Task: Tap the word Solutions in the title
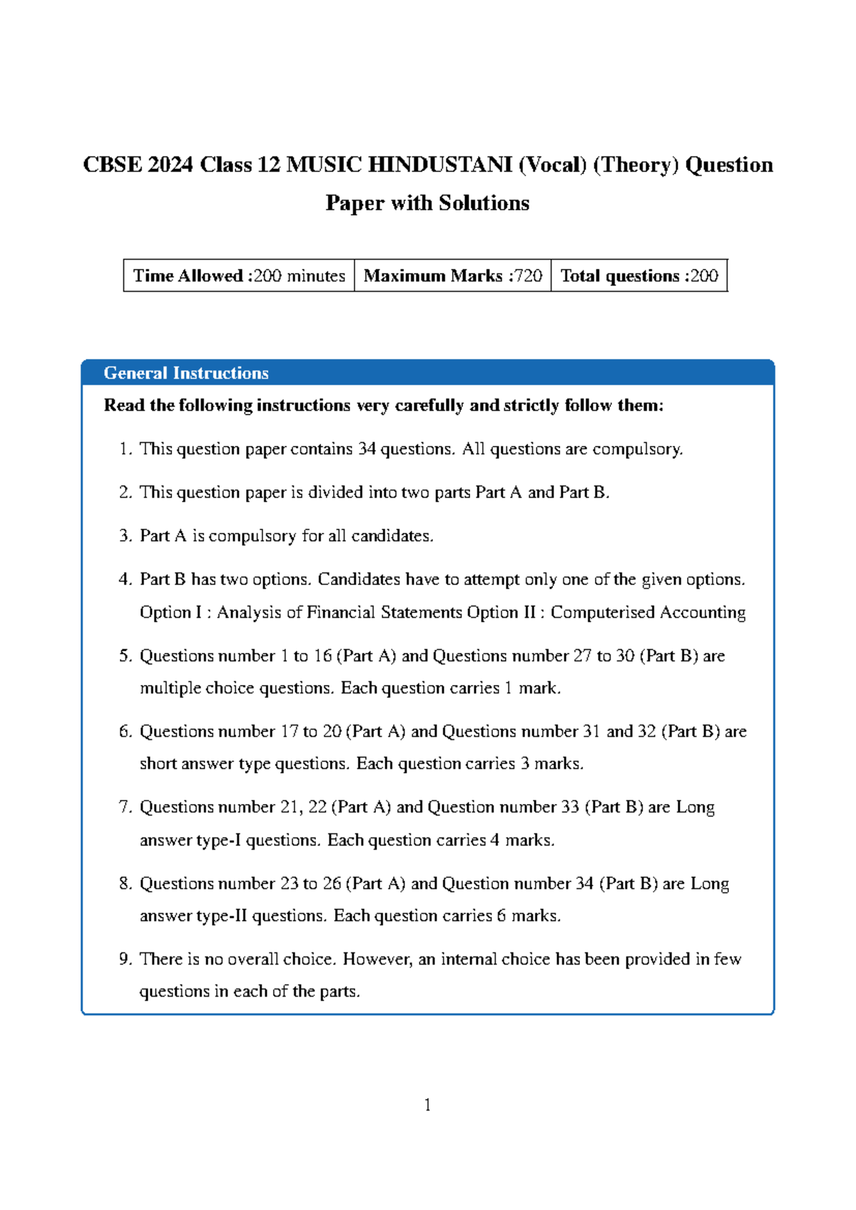click(x=484, y=203)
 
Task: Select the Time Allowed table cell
click(x=239, y=276)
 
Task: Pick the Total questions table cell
click(x=638, y=276)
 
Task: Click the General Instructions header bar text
click(x=186, y=373)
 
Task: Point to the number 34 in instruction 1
click(x=367, y=449)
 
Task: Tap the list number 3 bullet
click(x=126, y=537)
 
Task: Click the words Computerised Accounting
click(x=648, y=613)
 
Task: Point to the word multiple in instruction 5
click(x=170, y=688)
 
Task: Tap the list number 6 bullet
click(x=126, y=732)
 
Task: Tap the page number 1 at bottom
click(x=427, y=1106)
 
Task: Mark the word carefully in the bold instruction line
click(x=430, y=406)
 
